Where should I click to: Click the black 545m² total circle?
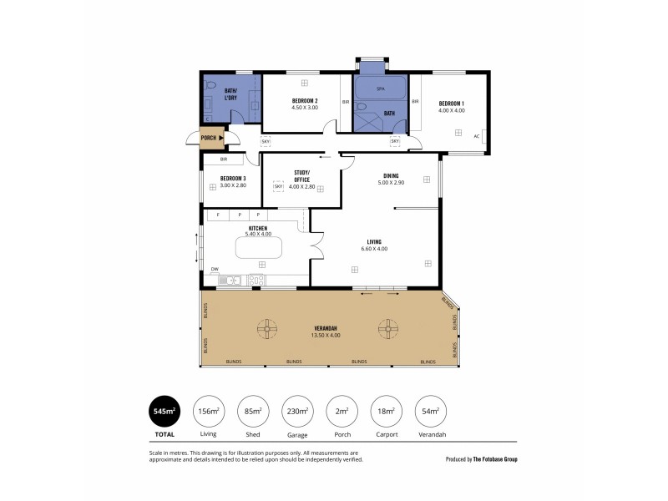tap(164, 411)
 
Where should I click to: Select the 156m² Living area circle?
tap(209, 411)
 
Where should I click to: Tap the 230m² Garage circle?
tap(297, 411)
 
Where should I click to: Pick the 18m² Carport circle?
tap(385, 411)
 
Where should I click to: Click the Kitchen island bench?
tap(259, 248)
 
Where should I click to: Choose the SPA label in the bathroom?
tap(380, 88)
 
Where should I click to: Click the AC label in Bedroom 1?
tap(476, 136)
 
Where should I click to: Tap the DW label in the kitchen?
tap(215, 269)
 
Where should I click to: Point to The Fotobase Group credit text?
tap(495, 458)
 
